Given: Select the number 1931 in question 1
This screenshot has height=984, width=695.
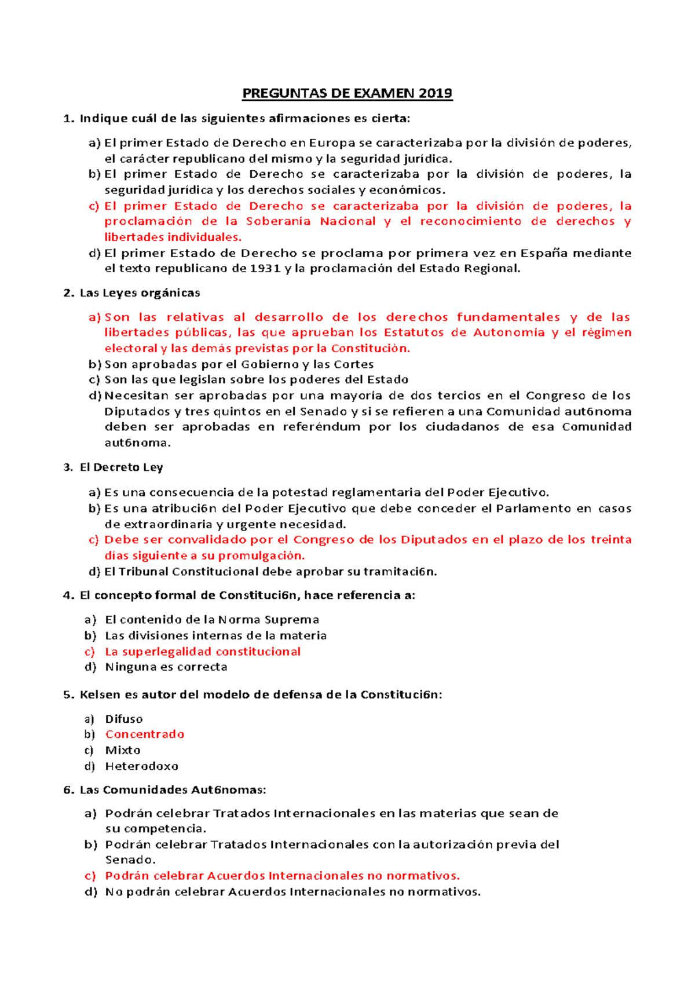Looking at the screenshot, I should [266, 268].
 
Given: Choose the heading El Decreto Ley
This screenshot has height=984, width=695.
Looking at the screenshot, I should [121, 467].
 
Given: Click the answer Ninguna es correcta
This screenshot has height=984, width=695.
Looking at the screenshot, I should [166, 667].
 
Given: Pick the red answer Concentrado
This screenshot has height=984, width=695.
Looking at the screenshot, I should [145, 734].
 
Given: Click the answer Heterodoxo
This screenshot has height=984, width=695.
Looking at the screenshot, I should [142, 766].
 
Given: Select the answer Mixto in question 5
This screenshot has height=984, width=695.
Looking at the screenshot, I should [123, 750].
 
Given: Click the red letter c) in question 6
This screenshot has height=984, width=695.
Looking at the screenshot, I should [90, 876].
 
